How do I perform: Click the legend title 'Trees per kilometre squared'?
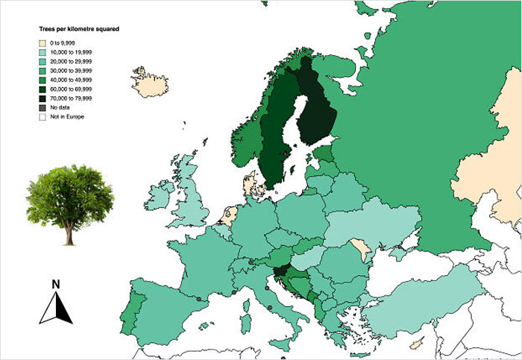coord(80,28)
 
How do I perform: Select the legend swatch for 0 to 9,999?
coord(43,44)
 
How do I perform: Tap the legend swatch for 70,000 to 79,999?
coord(43,98)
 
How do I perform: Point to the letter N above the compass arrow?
coord(55,283)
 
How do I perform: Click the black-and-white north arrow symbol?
coord(56,308)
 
